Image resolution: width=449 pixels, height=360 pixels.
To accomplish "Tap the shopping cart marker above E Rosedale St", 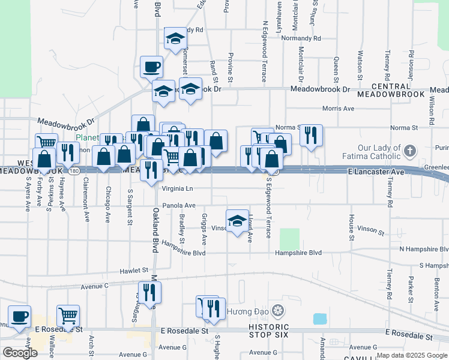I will pyautogui.click(x=68, y=314).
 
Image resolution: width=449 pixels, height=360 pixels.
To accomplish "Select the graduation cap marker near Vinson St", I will pyautogui.click(x=237, y=220).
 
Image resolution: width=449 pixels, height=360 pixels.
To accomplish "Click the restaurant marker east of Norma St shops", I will pyautogui.click(x=311, y=135).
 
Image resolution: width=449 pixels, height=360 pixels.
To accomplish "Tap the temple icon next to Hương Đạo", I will pyautogui.click(x=277, y=311).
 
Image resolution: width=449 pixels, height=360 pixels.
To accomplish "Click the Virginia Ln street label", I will pyautogui.click(x=177, y=188).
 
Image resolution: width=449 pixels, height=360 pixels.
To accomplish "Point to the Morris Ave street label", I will pyautogui.click(x=338, y=109).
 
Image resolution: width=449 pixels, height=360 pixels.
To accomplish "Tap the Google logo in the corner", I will pyautogui.click(x=19, y=353).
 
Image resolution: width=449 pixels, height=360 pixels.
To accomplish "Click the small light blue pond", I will pyautogui.click(x=320, y=319).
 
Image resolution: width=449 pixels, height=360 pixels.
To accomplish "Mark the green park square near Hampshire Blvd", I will pyautogui.click(x=290, y=239).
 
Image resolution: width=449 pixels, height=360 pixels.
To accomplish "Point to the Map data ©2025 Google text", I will pyautogui.click(x=411, y=355).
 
